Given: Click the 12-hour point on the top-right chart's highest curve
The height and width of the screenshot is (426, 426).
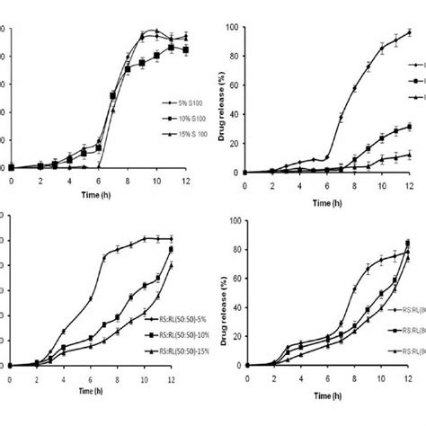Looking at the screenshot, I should [409, 32].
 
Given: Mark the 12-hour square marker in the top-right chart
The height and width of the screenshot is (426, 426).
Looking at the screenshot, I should [409, 127].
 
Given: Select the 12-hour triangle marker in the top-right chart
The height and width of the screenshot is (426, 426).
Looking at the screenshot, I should [409, 155].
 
